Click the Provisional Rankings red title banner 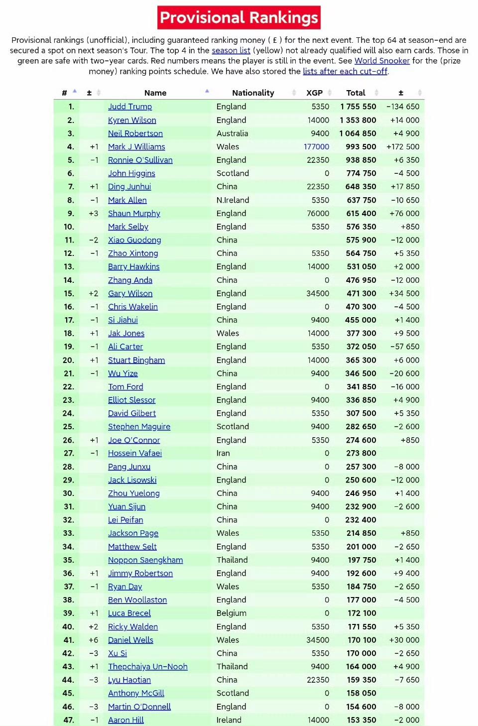point(239,18)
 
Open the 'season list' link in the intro point(231,50)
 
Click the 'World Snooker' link point(382,61)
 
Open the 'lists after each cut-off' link point(345,71)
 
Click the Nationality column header point(253,93)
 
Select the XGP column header point(314,93)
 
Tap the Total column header point(356,93)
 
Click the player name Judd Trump point(130,107)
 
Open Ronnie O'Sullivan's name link point(140,160)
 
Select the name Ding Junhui point(129,187)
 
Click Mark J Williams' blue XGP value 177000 point(317,147)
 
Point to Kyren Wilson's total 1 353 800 point(358,120)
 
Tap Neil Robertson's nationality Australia point(232,133)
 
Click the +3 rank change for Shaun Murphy point(94,214)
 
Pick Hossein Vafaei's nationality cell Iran point(223,453)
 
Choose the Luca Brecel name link point(129,613)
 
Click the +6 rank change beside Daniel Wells point(94,640)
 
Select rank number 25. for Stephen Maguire point(69,427)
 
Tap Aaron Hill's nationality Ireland point(229,720)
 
